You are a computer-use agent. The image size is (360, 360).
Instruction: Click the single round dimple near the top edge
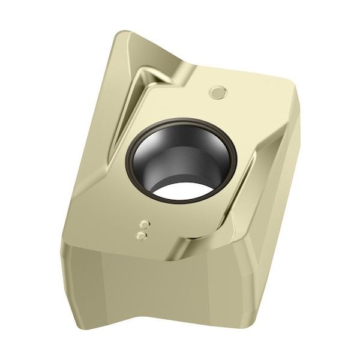tap(217, 92)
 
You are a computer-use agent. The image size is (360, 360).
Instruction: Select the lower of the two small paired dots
tap(142, 236)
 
